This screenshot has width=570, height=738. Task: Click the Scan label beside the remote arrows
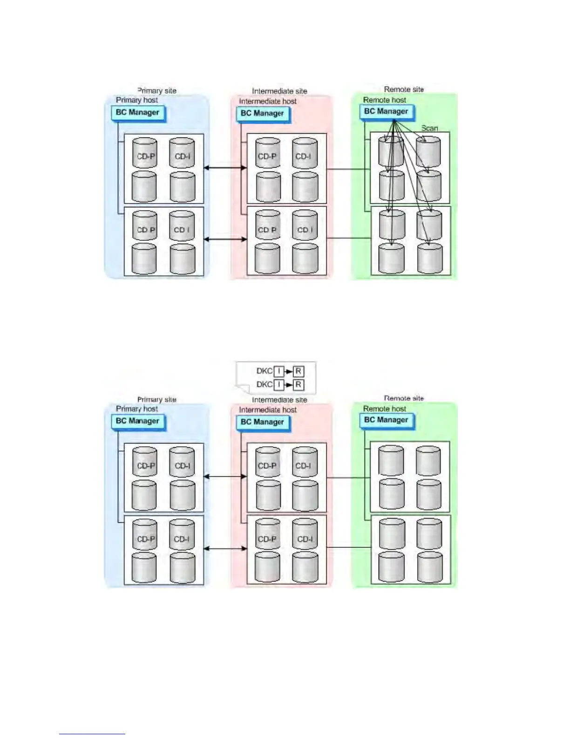pyautogui.click(x=429, y=128)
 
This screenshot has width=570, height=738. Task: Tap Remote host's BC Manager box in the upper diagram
pyautogui.click(x=386, y=112)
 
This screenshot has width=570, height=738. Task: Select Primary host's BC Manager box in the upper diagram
pyautogui.click(x=137, y=113)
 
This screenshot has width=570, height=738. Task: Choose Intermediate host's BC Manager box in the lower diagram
pyautogui.click(x=262, y=422)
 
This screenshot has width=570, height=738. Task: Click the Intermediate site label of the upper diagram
pyautogui.click(x=279, y=91)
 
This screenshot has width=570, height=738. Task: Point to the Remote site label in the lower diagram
pyautogui.click(x=404, y=398)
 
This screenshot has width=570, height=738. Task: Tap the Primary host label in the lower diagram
pyautogui.click(x=137, y=409)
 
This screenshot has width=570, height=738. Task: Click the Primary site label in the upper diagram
pyautogui.click(x=157, y=91)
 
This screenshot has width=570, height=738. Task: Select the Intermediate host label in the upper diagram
pyautogui.click(x=268, y=102)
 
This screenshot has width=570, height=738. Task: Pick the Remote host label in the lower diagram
pyautogui.click(x=385, y=409)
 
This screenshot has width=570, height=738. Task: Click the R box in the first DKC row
pyautogui.click(x=298, y=371)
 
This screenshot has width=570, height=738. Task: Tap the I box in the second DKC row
pyautogui.click(x=278, y=384)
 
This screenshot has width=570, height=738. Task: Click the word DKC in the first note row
pyautogui.click(x=264, y=371)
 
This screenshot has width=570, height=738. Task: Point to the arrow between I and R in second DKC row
pyautogui.click(x=288, y=385)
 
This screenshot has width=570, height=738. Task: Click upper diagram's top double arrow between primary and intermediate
pyautogui.click(x=225, y=168)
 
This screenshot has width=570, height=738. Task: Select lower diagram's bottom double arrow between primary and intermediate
pyautogui.click(x=225, y=548)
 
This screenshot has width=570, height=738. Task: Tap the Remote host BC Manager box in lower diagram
pyautogui.click(x=386, y=420)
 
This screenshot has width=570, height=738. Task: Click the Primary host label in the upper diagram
pyautogui.click(x=137, y=100)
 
